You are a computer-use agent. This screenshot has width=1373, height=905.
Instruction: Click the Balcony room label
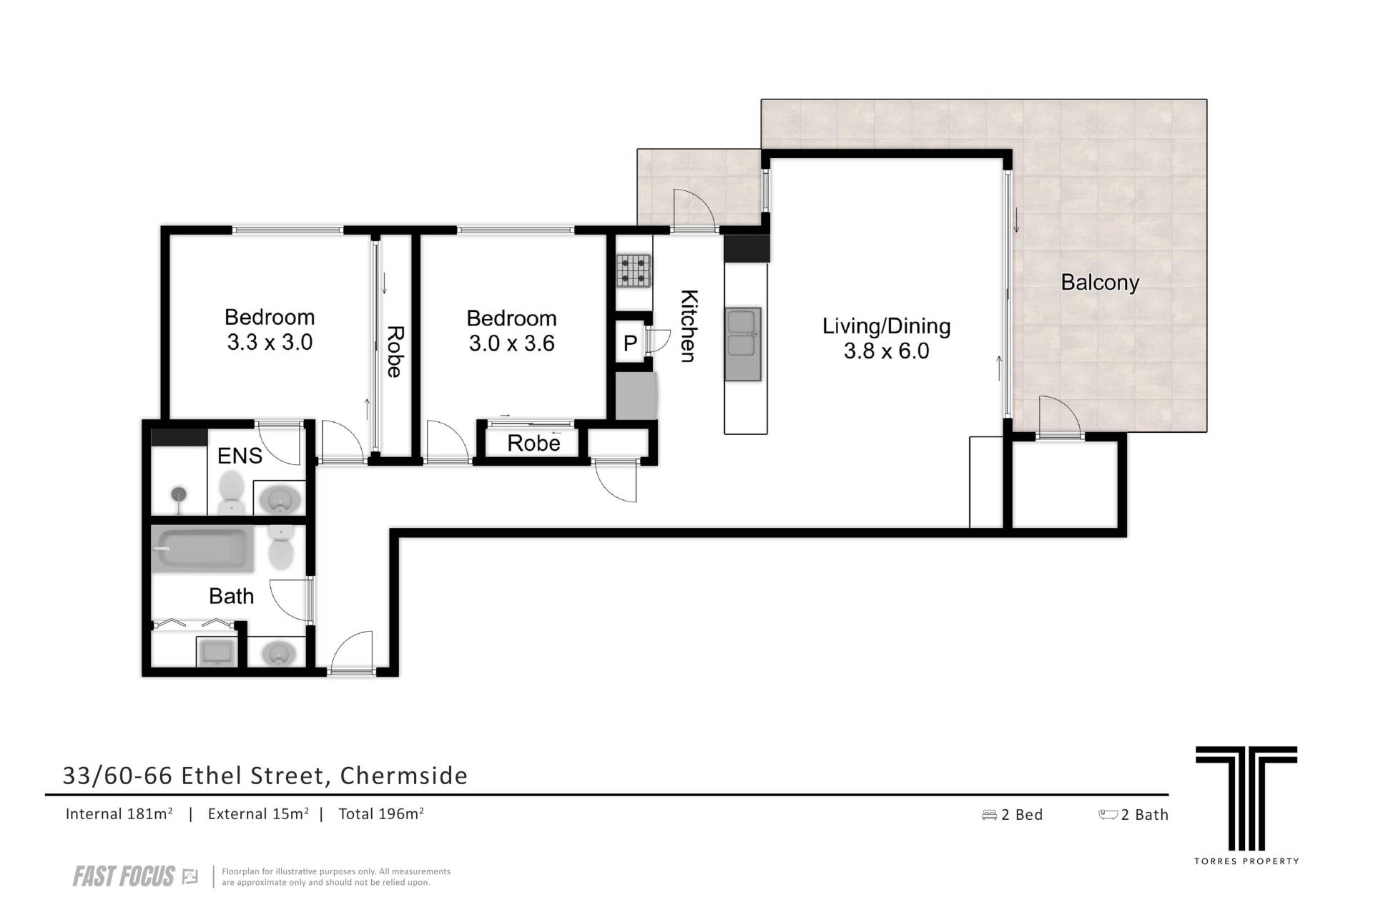(x=1099, y=283)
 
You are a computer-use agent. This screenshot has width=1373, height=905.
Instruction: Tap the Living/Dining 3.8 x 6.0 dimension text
(x=886, y=351)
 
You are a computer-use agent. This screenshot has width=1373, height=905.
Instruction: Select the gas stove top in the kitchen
(x=634, y=271)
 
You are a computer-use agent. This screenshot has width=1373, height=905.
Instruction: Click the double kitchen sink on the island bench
(x=743, y=344)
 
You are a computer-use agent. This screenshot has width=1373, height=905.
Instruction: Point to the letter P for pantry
(x=629, y=344)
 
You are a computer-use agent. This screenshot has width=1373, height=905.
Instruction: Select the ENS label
(x=240, y=456)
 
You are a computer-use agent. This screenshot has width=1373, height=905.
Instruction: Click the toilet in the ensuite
(x=231, y=491)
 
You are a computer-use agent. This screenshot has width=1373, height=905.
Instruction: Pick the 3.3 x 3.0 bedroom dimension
(x=270, y=342)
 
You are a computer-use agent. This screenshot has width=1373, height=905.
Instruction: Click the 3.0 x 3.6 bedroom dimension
(x=511, y=343)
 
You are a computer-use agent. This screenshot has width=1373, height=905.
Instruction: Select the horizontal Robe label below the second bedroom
(x=533, y=444)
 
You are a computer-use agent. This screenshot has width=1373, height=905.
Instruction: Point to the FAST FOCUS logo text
(x=124, y=876)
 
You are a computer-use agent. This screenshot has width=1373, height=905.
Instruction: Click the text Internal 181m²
(x=119, y=813)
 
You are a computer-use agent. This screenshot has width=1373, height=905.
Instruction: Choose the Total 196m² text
(x=381, y=813)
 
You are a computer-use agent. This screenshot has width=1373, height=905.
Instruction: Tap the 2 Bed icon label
(x=1013, y=814)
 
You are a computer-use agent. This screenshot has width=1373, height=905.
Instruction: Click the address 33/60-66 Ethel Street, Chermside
(x=265, y=776)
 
